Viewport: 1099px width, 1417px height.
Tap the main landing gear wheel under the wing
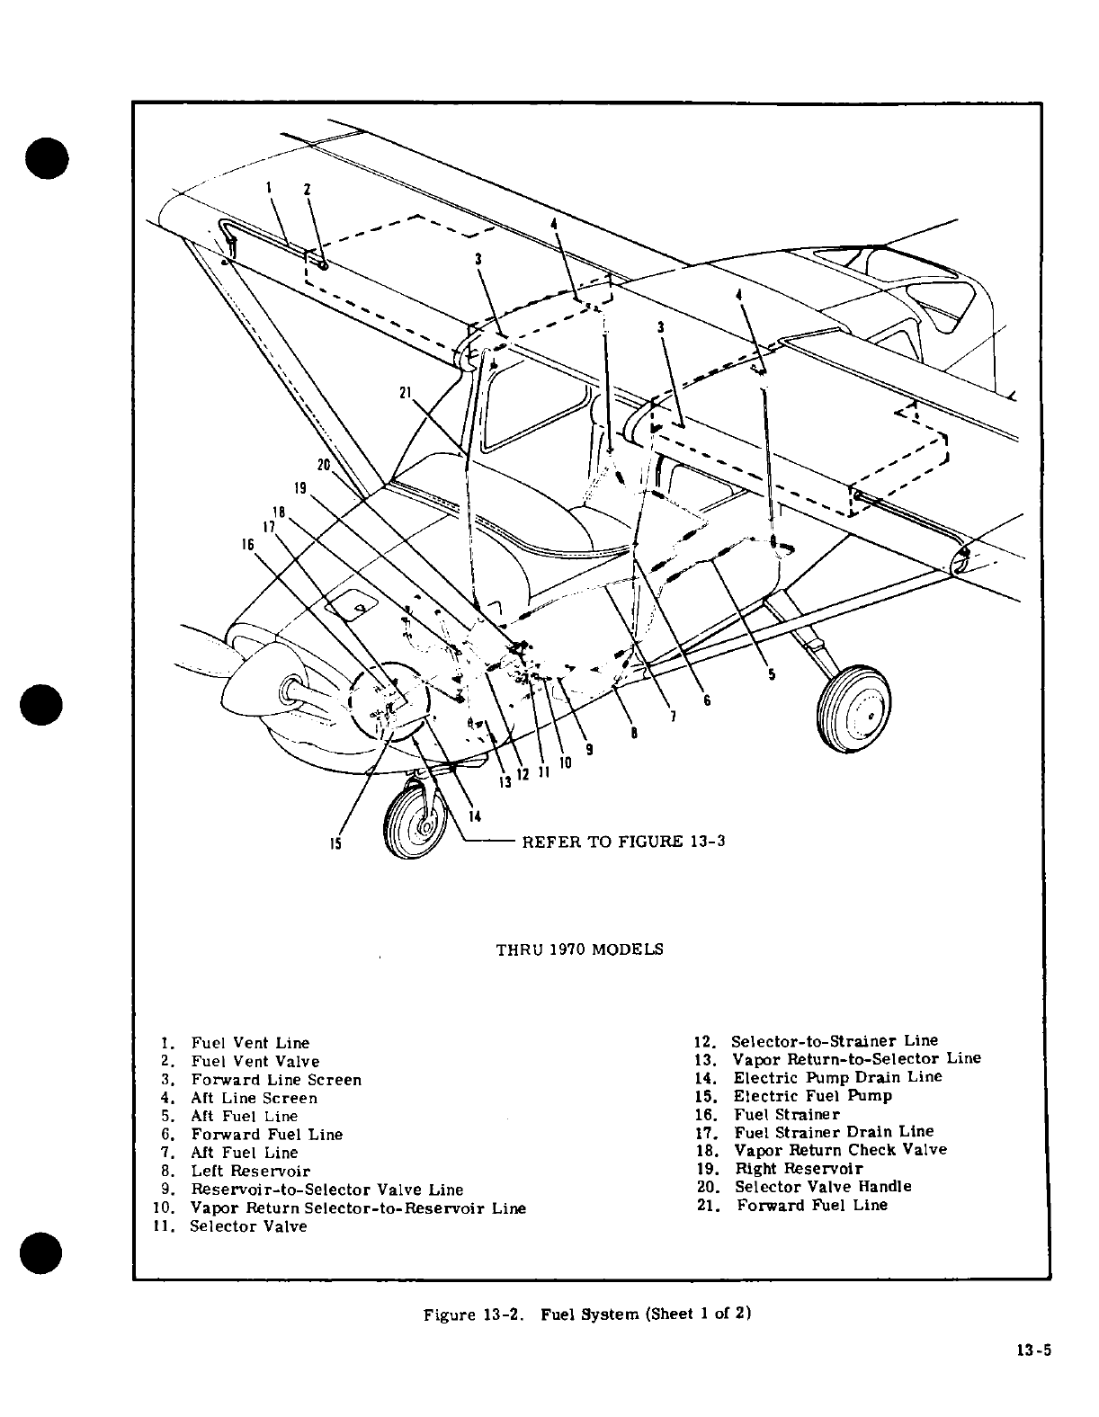[x=853, y=708]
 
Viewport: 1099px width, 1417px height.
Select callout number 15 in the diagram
[x=335, y=844]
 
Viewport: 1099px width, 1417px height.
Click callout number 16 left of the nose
[x=247, y=545]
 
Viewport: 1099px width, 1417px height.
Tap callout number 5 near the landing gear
[x=772, y=675]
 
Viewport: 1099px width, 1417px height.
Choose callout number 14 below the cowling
[x=475, y=816]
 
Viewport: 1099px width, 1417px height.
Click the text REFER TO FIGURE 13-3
[x=623, y=841]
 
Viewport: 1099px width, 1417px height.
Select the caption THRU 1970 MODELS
[x=580, y=949]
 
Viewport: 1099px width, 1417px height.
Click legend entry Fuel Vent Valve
[x=255, y=1061]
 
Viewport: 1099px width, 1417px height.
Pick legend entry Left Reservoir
[x=250, y=1171]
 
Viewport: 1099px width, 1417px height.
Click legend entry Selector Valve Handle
[x=823, y=1186]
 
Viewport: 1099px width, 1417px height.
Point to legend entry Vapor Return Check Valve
[x=840, y=1149]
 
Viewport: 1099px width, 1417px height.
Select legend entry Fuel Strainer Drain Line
[x=834, y=1131]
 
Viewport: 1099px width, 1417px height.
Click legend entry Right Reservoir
[x=799, y=1168]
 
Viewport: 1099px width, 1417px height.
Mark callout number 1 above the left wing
[x=269, y=187]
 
